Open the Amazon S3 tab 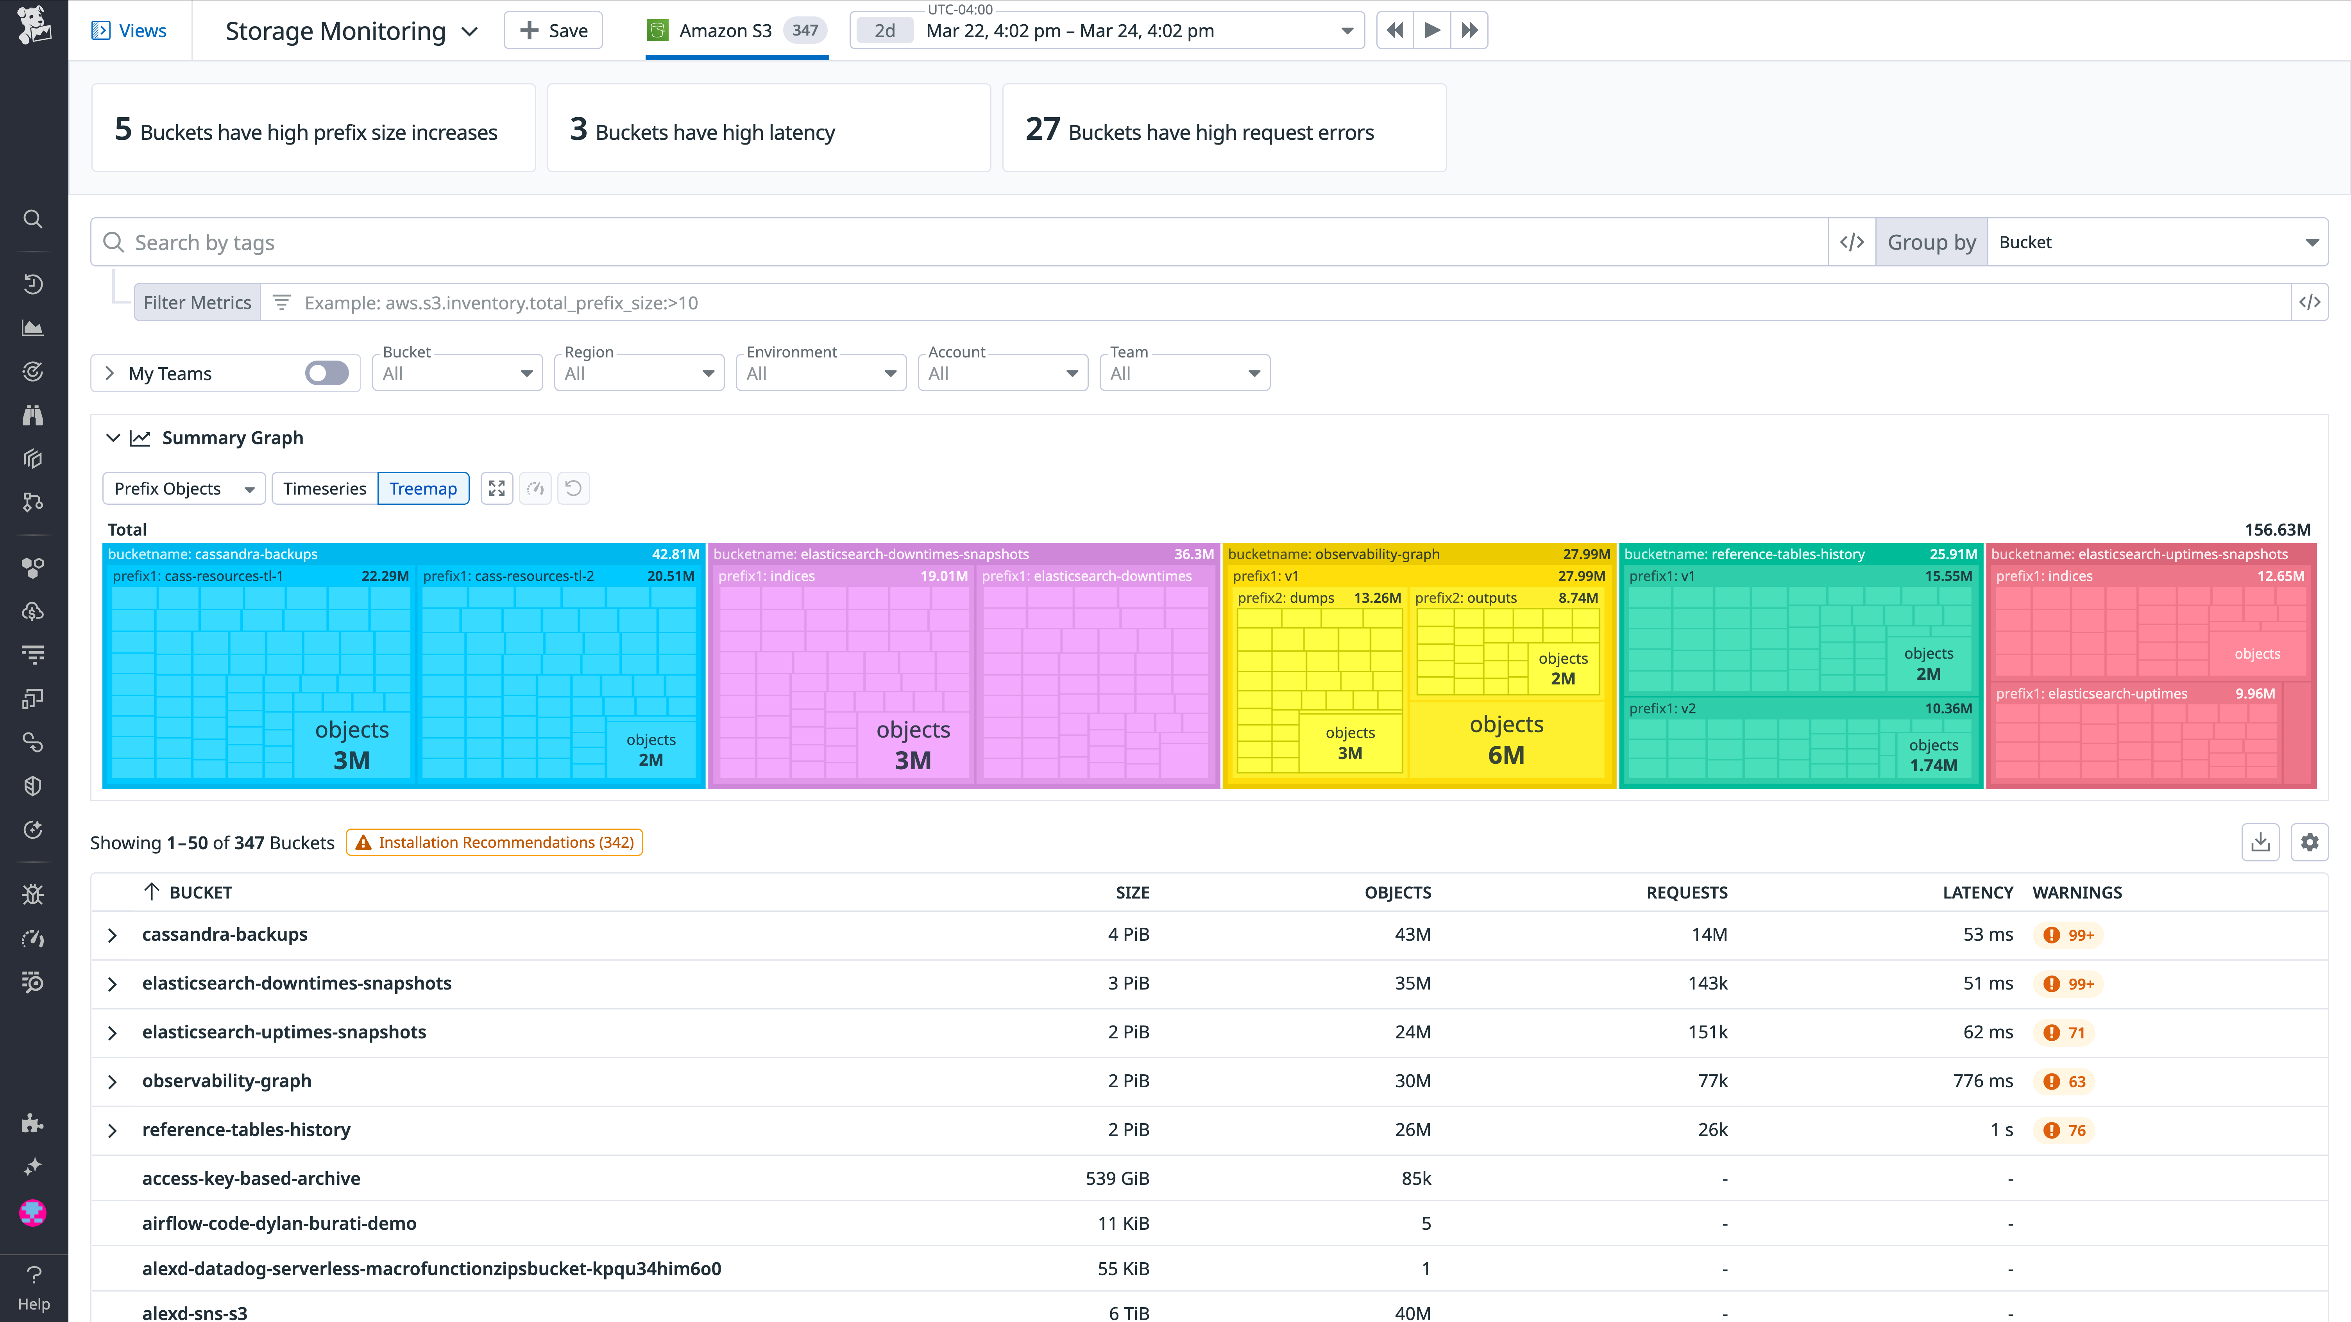pyautogui.click(x=735, y=31)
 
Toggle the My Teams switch pyautogui.click(x=327, y=373)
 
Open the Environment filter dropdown pyautogui.click(x=821, y=373)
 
